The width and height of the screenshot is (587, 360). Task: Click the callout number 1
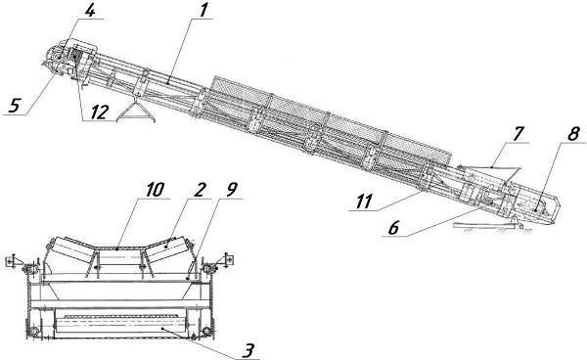tap(203, 10)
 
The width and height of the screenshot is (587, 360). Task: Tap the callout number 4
tap(89, 10)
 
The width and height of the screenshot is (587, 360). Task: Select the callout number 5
tap(14, 105)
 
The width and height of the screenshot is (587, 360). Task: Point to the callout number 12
tap(99, 112)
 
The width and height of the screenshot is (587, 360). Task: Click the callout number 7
tap(518, 134)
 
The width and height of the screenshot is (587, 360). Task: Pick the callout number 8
tap(573, 134)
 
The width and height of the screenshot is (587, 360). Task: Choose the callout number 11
tap(364, 202)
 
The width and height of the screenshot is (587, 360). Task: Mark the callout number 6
tap(393, 227)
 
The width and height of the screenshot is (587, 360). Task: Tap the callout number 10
tap(155, 190)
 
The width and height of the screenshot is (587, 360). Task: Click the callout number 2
tap(200, 190)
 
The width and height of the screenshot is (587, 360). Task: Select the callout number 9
tap(231, 190)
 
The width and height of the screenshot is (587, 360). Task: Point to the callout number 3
tap(248, 350)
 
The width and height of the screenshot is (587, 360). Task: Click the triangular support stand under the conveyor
tap(136, 112)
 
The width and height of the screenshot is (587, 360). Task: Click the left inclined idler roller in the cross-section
tap(70, 247)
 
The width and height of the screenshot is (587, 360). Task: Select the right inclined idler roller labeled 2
tap(167, 247)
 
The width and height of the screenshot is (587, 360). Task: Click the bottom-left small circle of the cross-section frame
tap(35, 332)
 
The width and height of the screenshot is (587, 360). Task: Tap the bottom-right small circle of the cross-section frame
tap(206, 332)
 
